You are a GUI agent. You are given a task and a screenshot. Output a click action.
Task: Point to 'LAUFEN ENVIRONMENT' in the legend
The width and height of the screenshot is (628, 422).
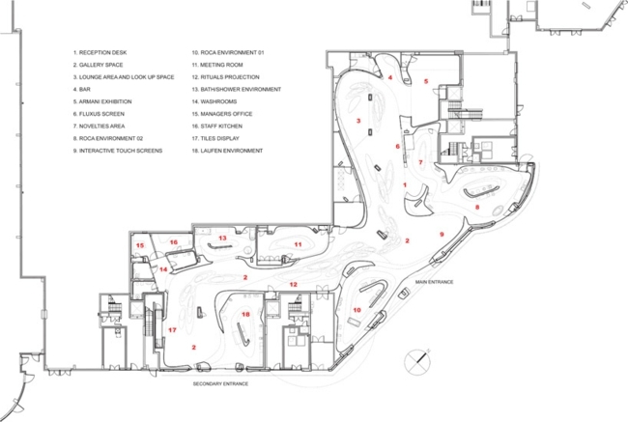233,152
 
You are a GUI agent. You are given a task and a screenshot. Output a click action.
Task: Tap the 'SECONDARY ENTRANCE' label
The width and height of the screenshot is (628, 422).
221,384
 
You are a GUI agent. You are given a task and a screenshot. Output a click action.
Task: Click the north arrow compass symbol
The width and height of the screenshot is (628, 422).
417,359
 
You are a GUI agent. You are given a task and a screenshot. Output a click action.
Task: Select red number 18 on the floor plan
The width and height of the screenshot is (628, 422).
245,315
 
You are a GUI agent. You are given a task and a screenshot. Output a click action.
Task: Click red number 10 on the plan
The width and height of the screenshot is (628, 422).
357,310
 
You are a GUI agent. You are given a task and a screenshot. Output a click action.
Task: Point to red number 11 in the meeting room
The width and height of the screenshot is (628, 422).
299,245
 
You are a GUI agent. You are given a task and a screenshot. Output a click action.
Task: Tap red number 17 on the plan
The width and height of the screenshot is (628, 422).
172,330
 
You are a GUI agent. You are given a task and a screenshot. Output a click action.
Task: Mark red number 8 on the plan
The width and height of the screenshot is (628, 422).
476,207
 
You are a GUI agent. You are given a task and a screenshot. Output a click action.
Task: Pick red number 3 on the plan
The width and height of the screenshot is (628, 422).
358,121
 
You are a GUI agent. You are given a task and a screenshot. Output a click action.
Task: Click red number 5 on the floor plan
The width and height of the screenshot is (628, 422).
425,82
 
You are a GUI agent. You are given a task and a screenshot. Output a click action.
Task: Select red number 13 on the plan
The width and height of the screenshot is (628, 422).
222,237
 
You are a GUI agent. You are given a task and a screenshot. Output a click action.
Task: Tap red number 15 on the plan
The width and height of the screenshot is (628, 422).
140,247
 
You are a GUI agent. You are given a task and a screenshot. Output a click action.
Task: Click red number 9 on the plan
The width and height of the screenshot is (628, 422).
442,235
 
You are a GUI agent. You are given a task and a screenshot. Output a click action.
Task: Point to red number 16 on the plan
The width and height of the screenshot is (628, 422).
174,241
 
